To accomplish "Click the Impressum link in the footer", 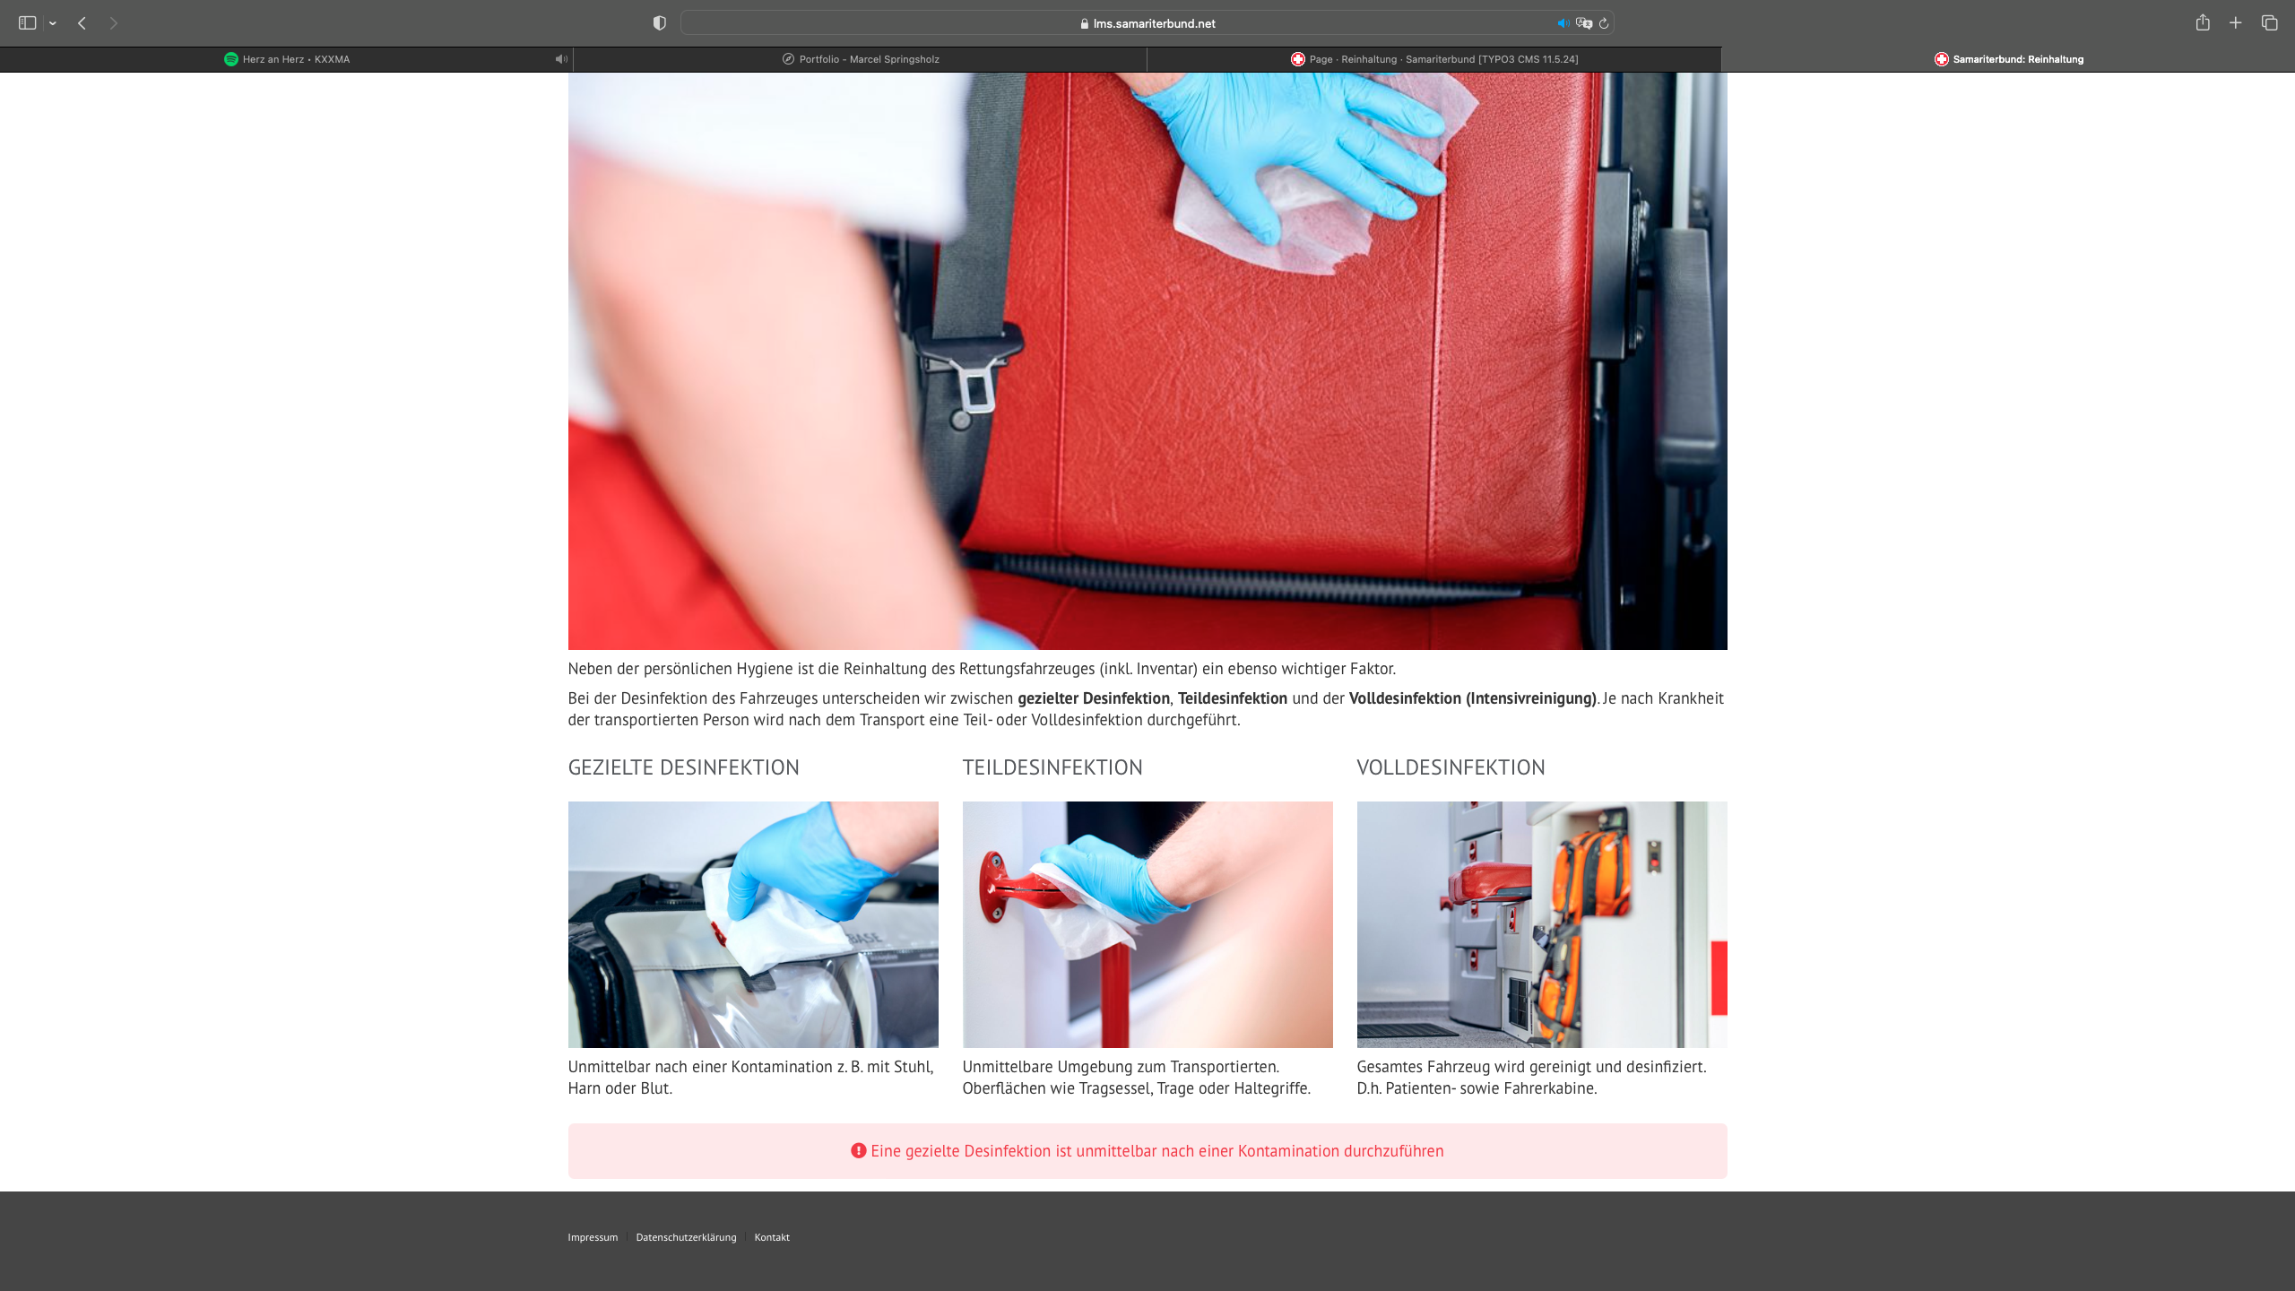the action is (593, 1237).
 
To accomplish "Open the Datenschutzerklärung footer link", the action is (686, 1237).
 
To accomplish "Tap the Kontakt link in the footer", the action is (772, 1237).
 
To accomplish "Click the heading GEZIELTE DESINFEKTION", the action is (683, 767).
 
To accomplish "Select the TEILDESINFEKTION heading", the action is (1052, 767).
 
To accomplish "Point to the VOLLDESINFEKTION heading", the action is (1451, 767).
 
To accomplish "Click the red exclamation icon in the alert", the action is (858, 1150).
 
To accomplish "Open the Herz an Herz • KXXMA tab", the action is (287, 59).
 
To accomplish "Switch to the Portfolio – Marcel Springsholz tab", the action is (861, 59).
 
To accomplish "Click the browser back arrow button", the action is (82, 23).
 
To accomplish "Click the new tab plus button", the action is (2236, 23).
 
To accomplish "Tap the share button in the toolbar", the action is (2203, 22).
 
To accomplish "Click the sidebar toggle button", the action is (28, 23).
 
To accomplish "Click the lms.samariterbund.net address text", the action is (1154, 23).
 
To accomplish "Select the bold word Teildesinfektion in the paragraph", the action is (1232, 698).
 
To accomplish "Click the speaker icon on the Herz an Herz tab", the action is (560, 59).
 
